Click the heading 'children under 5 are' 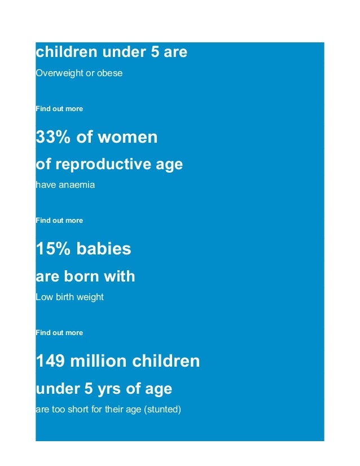pos(111,52)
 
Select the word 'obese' pos(109,73)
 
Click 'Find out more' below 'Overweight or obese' pos(59,108)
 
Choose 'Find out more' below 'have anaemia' pos(59,220)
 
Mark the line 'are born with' pos(85,276)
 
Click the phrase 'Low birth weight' pos(69,297)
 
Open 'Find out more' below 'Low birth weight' pos(59,332)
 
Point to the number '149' pos(50,361)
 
